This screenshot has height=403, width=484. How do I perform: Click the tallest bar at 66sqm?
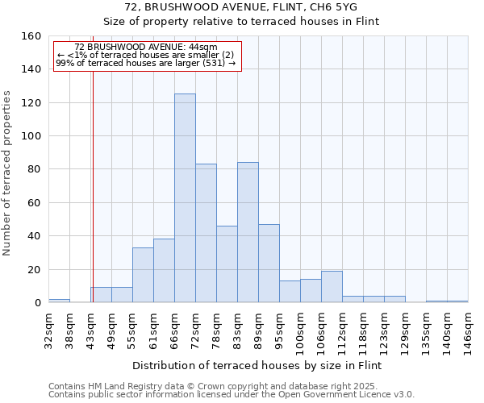[x=185, y=198]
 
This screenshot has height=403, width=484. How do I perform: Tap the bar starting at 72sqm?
[x=206, y=233]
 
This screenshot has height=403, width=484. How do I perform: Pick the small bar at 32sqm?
[x=59, y=301]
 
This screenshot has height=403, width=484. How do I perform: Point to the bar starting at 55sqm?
[x=143, y=275]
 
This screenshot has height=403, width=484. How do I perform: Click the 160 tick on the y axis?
[x=31, y=36]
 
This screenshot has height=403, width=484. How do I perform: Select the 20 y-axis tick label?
[x=35, y=269]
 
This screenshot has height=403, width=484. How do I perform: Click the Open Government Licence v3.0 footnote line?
[x=232, y=395]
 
